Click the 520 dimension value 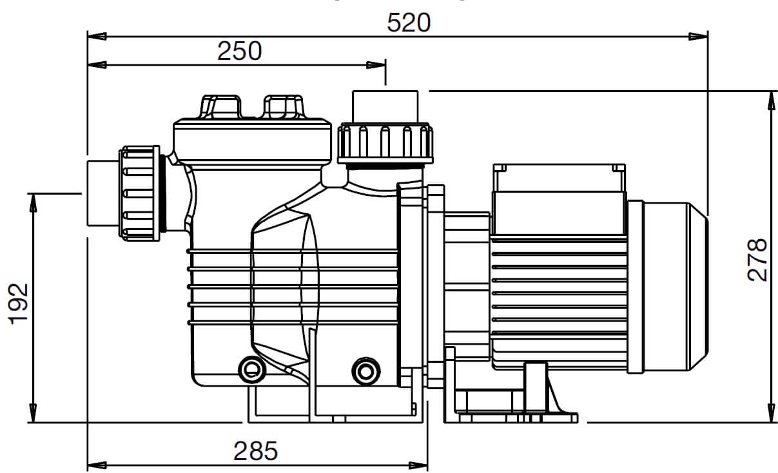coord(409,23)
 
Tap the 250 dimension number coord(239,51)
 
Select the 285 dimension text coord(256,451)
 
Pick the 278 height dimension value coord(757,260)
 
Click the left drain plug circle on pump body coord(252,370)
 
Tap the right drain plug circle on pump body coord(365,372)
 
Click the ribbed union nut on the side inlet coord(140,193)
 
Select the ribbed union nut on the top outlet coord(385,143)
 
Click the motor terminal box coord(559,199)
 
